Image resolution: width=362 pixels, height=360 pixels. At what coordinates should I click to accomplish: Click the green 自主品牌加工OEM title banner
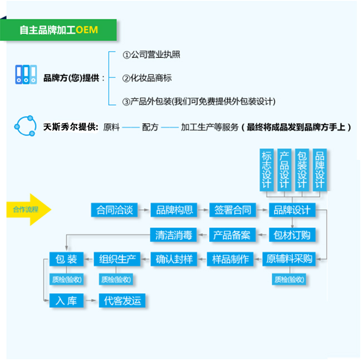[58, 30]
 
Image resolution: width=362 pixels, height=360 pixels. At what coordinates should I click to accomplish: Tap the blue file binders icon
[26, 74]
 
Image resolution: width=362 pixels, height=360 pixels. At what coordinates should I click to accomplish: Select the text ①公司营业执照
[151, 55]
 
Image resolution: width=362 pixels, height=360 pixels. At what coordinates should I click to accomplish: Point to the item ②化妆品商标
[147, 78]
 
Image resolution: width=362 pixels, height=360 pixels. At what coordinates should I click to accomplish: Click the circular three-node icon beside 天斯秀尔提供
[25, 126]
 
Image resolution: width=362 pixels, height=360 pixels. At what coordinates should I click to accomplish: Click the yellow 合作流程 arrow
[28, 210]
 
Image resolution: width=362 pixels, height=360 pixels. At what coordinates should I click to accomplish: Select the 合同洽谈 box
[114, 210]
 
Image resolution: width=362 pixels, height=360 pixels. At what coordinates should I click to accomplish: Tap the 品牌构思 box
[174, 210]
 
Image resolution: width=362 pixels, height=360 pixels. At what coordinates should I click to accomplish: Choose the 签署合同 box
[233, 210]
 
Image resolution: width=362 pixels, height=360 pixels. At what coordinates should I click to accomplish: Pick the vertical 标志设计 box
[267, 170]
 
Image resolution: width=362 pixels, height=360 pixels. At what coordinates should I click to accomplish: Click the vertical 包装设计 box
[302, 170]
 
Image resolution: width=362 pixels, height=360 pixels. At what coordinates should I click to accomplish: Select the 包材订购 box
[292, 235]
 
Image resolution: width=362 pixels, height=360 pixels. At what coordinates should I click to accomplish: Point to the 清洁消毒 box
[173, 235]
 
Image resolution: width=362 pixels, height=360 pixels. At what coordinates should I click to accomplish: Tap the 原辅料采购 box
[289, 259]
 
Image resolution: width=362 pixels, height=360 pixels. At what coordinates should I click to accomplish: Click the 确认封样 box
[174, 259]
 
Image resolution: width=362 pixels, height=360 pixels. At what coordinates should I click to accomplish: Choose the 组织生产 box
[117, 259]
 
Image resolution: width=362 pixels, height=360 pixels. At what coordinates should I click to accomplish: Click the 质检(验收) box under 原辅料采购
[289, 279]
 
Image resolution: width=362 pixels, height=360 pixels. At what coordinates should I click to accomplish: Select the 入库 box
[66, 300]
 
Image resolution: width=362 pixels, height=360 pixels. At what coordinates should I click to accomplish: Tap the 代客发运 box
[122, 300]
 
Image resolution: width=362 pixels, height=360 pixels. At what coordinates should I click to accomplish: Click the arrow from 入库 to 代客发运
[91, 300]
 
